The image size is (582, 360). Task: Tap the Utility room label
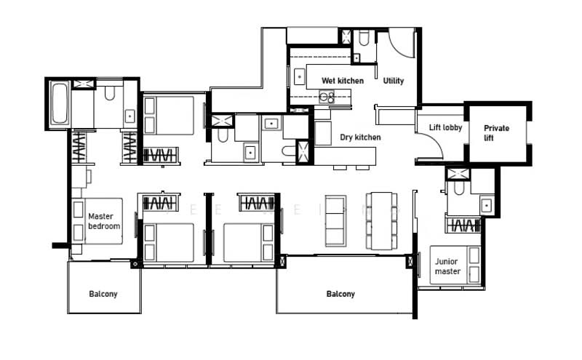click(394, 81)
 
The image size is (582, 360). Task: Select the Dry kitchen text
click(360, 137)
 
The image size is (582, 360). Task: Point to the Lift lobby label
click(445, 128)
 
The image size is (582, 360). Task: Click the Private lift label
click(497, 132)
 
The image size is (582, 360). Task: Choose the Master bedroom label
click(103, 221)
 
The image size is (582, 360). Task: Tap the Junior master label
click(447, 266)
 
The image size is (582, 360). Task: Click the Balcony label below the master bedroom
click(103, 294)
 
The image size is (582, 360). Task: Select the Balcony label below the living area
click(340, 294)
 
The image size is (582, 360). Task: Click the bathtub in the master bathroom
click(59, 104)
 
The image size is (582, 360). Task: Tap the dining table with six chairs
click(381, 220)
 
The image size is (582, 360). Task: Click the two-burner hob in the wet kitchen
click(327, 97)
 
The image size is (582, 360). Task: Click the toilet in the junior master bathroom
click(458, 189)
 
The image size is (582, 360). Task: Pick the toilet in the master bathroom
click(110, 92)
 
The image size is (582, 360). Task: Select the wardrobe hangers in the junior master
click(463, 225)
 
